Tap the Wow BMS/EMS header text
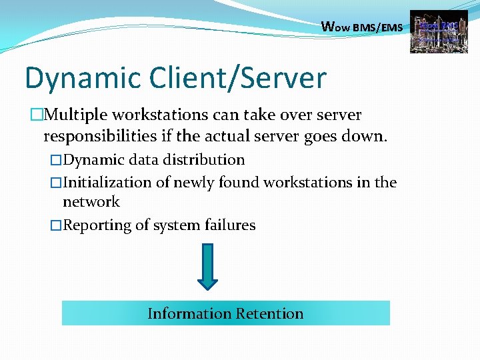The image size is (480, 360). tap(362, 28)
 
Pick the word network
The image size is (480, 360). tap(91, 202)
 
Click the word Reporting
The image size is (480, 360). tap(97, 225)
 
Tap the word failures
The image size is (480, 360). tap(229, 225)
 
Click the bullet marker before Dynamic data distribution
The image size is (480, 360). tap(56, 161)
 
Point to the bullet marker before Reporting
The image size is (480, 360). tap(56, 226)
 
